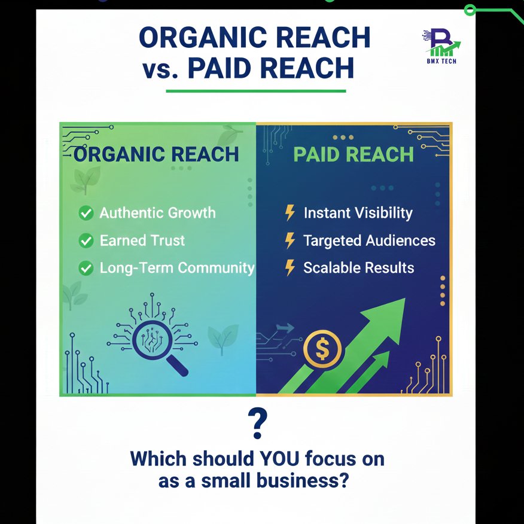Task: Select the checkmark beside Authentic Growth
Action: [87, 213]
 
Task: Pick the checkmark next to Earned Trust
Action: [87, 241]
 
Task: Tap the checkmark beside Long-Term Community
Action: [87, 269]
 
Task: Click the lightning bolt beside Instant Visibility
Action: [290, 213]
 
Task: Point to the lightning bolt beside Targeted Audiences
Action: [290, 240]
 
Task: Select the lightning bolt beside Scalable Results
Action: [290, 267]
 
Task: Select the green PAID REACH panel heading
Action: [354, 154]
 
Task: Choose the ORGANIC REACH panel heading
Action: [156, 154]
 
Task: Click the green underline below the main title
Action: [255, 92]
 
